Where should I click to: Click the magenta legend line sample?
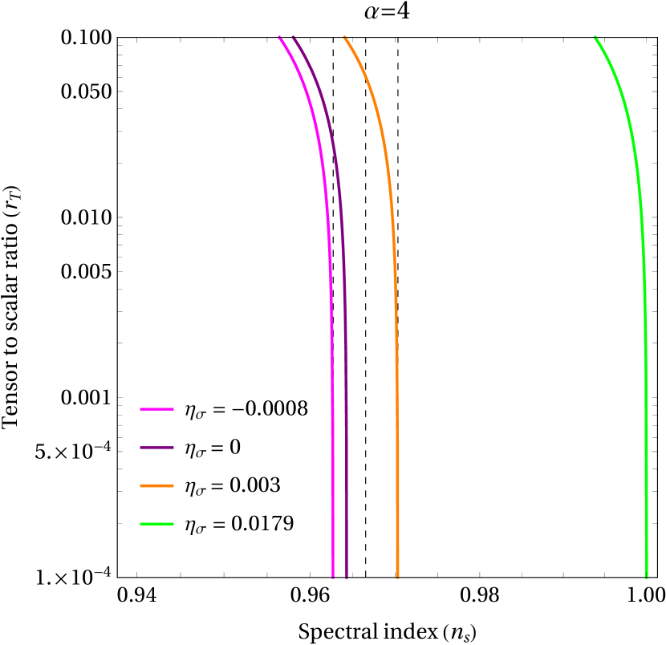click(156, 409)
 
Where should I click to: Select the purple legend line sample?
click(156, 448)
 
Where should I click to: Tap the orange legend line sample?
click(156, 485)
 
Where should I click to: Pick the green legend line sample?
click(156, 524)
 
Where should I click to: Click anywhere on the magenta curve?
click(332, 401)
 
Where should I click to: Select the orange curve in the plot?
click(396, 401)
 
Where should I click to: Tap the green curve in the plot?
click(646, 401)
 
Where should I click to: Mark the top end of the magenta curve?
click(280, 38)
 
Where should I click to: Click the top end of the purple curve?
click(294, 38)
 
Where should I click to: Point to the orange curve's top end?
click(345, 38)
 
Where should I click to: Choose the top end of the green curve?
click(595, 38)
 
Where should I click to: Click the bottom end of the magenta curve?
click(333, 577)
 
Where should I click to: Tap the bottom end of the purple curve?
click(347, 577)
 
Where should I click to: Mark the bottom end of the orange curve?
click(397, 577)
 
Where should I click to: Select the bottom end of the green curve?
click(647, 577)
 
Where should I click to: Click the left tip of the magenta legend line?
click(140, 409)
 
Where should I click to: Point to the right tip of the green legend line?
click(173, 524)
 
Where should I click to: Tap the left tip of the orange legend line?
click(140, 485)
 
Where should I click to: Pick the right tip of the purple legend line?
click(173, 448)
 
